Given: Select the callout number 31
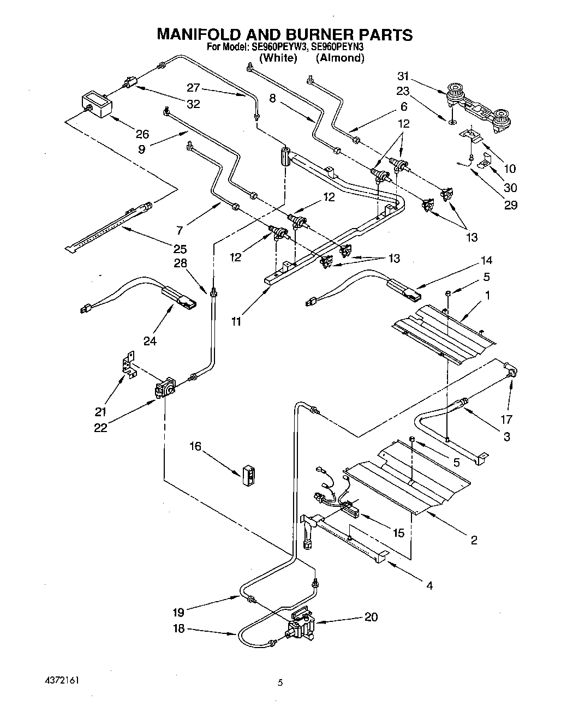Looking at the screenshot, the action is point(403,76).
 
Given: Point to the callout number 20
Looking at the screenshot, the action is point(371,617).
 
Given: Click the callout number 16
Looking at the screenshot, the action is point(195,447).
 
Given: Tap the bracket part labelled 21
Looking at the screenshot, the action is point(128,364).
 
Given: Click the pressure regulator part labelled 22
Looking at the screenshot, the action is point(164,390).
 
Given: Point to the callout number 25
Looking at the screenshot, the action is point(180,249).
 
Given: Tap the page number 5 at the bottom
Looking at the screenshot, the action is point(280,682).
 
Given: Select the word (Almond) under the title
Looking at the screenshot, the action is point(339,58).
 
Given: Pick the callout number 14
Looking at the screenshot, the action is point(486,260).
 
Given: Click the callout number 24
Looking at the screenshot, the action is point(150,341).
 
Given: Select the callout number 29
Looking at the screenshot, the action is point(511,205).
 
